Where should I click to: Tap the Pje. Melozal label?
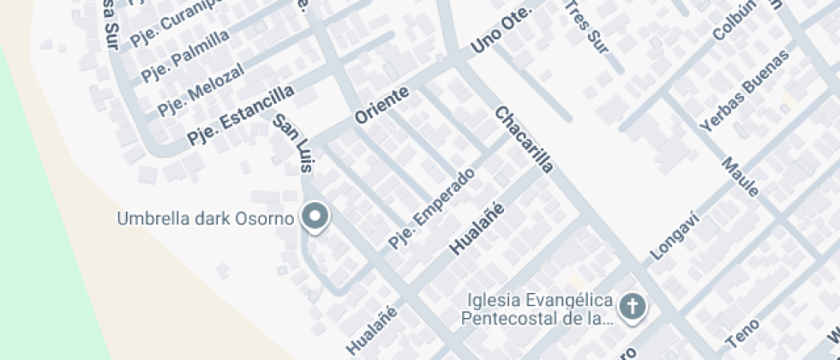(x=201, y=88)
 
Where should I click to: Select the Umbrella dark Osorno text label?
(x=206, y=218)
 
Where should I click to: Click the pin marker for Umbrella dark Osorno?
(x=316, y=217)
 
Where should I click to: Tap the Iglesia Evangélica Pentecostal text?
(x=539, y=309)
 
